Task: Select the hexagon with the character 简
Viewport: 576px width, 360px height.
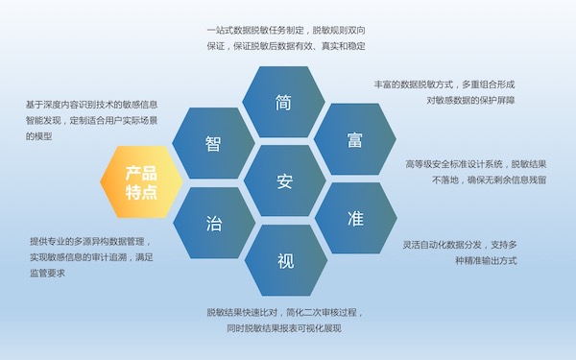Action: pos(283,104)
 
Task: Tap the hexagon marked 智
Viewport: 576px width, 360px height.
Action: pos(213,143)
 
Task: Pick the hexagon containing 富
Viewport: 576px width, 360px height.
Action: pos(354,141)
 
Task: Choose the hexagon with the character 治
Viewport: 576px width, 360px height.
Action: pos(213,223)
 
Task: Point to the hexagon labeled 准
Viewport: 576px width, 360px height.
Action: pos(354,218)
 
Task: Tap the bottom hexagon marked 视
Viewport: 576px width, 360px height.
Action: pos(285,260)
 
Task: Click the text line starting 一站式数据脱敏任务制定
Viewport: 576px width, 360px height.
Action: pos(285,30)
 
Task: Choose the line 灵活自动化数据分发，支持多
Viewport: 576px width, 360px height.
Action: pos(460,244)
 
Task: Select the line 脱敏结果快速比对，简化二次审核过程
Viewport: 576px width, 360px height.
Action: pos(285,313)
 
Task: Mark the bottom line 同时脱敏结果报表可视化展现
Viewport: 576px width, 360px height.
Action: pos(285,328)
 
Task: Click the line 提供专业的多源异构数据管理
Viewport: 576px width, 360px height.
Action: pos(90,241)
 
